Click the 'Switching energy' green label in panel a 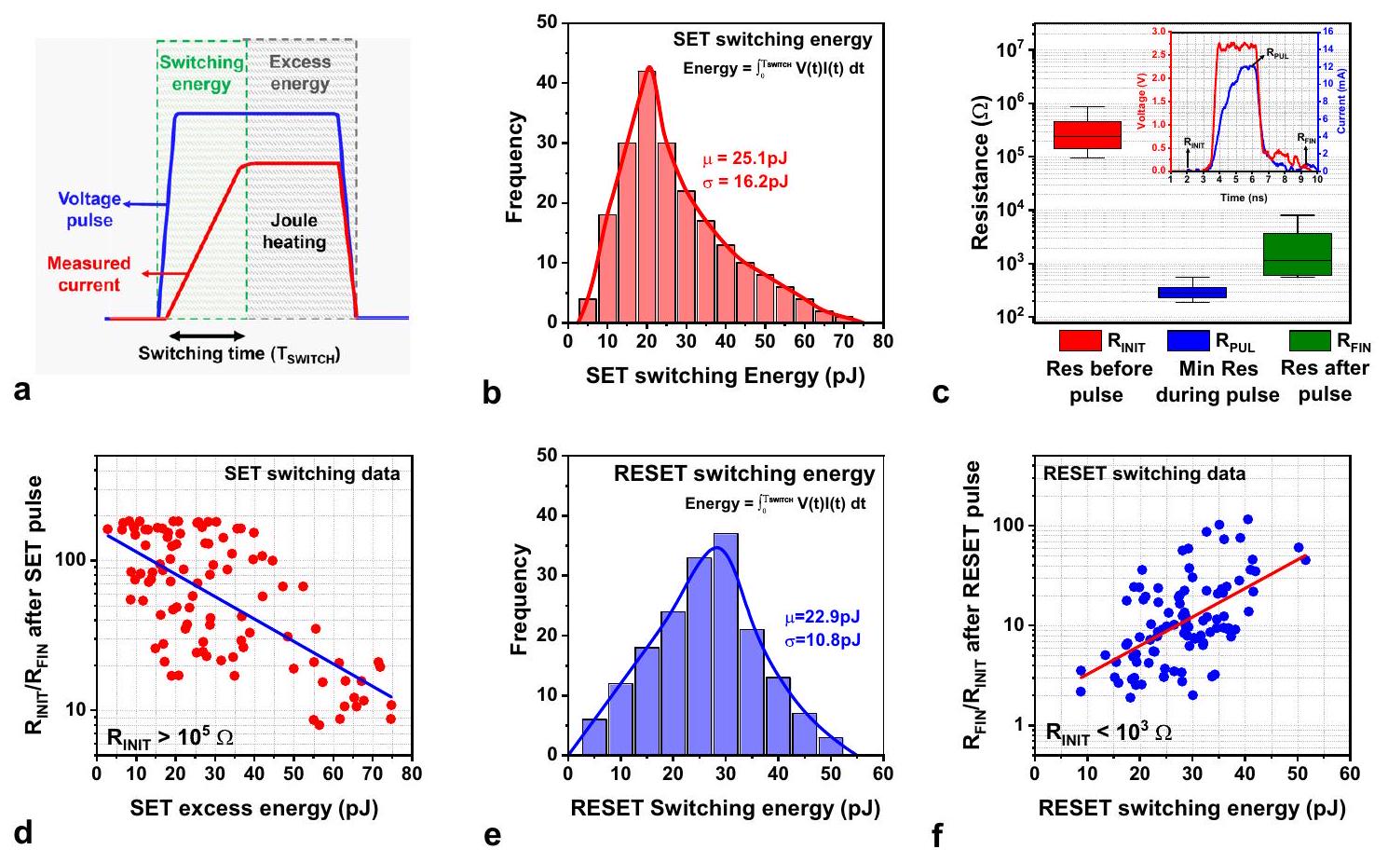(x=201, y=74)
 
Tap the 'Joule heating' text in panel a (x=293, y=231)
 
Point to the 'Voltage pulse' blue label (x=89, y=210)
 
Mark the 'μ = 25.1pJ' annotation (x=745, y=160)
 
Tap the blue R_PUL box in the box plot (x=1191, y=293)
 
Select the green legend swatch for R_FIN (x=1310, y=341)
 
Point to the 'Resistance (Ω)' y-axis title (x=979, y=191)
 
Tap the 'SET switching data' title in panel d (x=312, y=473)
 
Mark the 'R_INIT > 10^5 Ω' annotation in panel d (x=170, y=738)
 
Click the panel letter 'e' (x=492, y=836)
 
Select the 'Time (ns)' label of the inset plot (x=1244, y=198)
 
